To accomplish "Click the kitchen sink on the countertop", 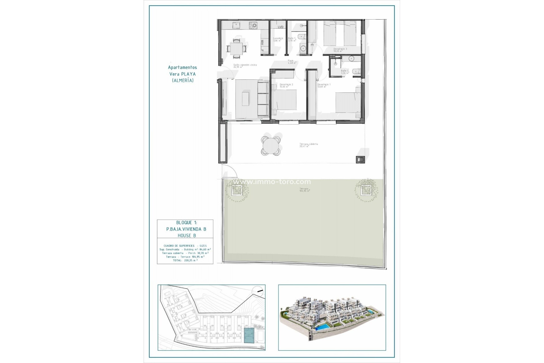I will [x=235, y=26].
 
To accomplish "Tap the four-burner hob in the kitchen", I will [x=253, y=26].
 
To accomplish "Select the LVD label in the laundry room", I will [x=280, y=27].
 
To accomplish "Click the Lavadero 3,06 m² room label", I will [x=278, y=39].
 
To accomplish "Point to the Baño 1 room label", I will [x=292, y=39].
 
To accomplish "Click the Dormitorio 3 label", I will [x=340, y=50].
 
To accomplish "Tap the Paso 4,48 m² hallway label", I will [x=292, y=62].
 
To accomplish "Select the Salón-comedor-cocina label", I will [x=245, y=66].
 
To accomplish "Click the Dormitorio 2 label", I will [x=286, y=85].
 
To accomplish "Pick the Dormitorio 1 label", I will [x=324, y=85].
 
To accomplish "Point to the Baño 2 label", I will [x=345, y=72].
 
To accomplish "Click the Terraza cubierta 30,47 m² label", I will [x=308, y=145].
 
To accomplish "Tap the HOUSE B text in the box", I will [x=186, y=235].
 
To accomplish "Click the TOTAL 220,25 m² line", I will [x=185, y=260].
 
